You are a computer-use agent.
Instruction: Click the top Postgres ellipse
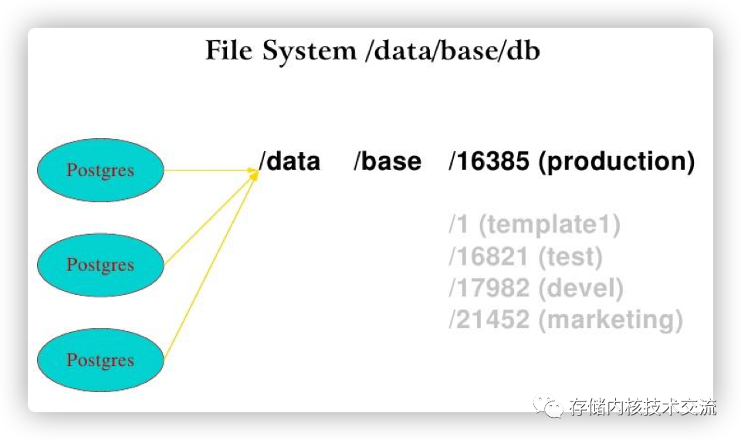(100, 171)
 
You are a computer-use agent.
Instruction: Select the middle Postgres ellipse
(100, 266)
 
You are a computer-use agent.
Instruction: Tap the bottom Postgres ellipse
(100, 360)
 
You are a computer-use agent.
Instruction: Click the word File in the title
(229, 51)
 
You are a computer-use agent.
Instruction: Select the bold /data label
(289, 161)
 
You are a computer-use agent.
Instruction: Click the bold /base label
(387, 161)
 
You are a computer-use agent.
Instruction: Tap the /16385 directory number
(489, 161)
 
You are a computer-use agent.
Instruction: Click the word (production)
(616, 161)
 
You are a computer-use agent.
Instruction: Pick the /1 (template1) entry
(534, 225)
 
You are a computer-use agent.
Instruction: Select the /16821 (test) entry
(525, 256)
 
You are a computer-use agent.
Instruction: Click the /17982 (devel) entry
(536, 288)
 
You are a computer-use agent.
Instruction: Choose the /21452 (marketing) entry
(565, 320)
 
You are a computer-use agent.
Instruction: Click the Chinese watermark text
(642, 406)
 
